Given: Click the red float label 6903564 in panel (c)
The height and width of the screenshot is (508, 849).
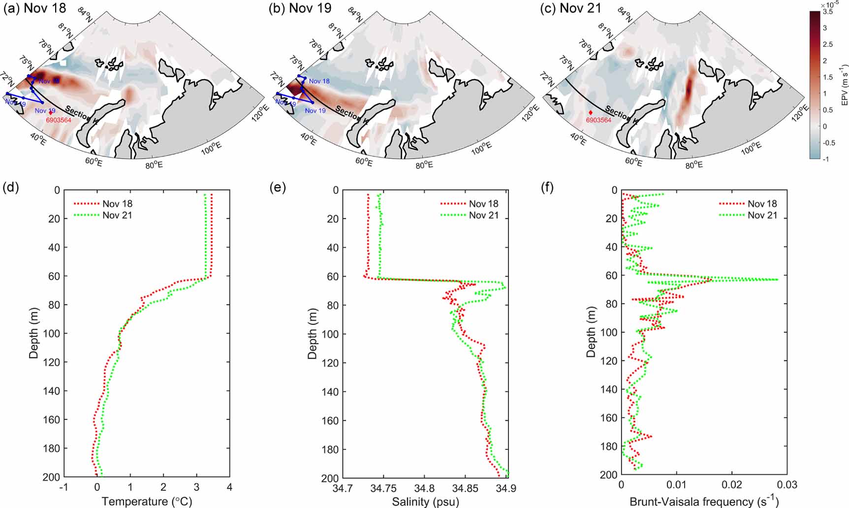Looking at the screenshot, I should pos(598,120).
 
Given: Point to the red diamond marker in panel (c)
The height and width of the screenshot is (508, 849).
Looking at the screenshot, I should pos(591,113).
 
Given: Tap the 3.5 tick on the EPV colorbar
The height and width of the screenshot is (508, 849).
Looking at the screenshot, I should pos(827,12).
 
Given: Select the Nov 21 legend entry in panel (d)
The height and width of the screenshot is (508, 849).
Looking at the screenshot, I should pos(117,215).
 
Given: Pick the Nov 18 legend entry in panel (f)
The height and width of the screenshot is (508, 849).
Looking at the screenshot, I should pos(762,204).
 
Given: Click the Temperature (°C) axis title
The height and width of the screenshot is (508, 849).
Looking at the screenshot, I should pos(147,502).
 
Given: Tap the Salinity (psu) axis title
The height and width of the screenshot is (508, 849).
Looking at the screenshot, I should pos(425,502).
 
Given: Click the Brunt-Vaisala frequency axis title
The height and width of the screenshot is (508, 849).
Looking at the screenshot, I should pos(704,502).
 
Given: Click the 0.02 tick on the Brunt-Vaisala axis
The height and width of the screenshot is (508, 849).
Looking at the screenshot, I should pos(732,485).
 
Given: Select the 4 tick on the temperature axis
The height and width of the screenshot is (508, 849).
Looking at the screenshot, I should pos(229,488).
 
